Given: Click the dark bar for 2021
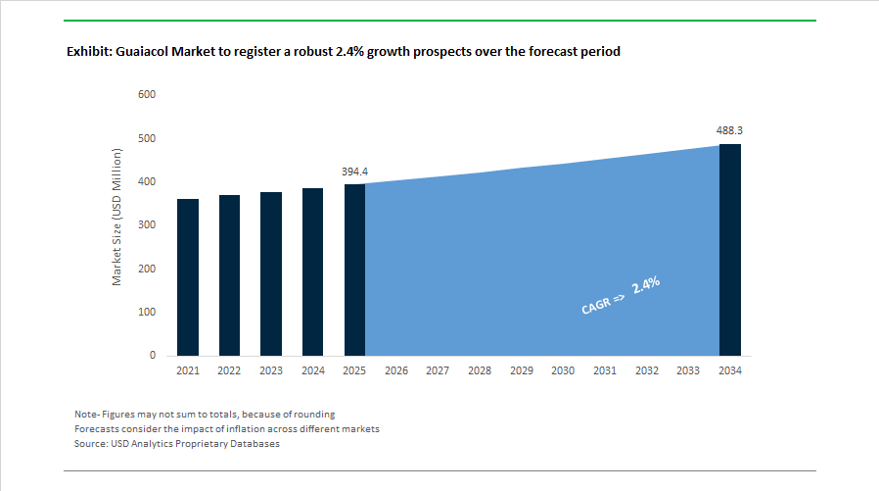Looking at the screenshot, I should coord(187,277).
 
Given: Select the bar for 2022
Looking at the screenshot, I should coord(229,275).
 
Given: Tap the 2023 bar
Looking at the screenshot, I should coord(271,273).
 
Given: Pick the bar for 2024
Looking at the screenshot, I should coord(312,271).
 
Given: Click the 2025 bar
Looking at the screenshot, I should coord(354,270).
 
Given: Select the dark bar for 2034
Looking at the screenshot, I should coord(729,250).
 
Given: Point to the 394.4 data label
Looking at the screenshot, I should coord(354,172).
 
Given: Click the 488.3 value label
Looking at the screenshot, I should coord(729,130).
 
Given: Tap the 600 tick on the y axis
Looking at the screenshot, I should coord(147,95).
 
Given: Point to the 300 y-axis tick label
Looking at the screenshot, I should coord(147,225).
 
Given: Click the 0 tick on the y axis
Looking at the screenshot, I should coord(153,356).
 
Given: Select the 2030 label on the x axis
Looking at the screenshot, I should coord(563,371).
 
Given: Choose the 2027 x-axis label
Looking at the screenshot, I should coord(438,371).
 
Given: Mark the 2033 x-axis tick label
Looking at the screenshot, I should coord(688,371).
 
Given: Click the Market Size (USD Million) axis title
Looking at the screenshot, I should coord(116,218).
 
